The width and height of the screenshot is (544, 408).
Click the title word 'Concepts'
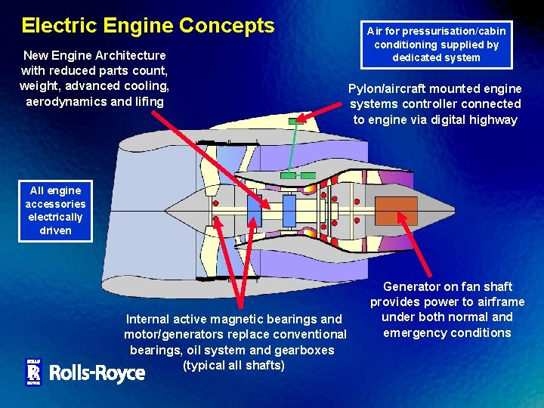pos(227,25)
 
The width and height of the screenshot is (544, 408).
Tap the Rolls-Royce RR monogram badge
pos(32,372)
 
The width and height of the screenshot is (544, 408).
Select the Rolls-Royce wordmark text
pos(97,372)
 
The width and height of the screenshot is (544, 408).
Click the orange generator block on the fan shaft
pos(396,211)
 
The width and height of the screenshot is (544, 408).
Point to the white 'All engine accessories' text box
pos(56,211)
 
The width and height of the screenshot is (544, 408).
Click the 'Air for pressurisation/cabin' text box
pos(436,44)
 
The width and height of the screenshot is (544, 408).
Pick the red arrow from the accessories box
pos(151,219)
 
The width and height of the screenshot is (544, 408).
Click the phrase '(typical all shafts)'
pos(233,366)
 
